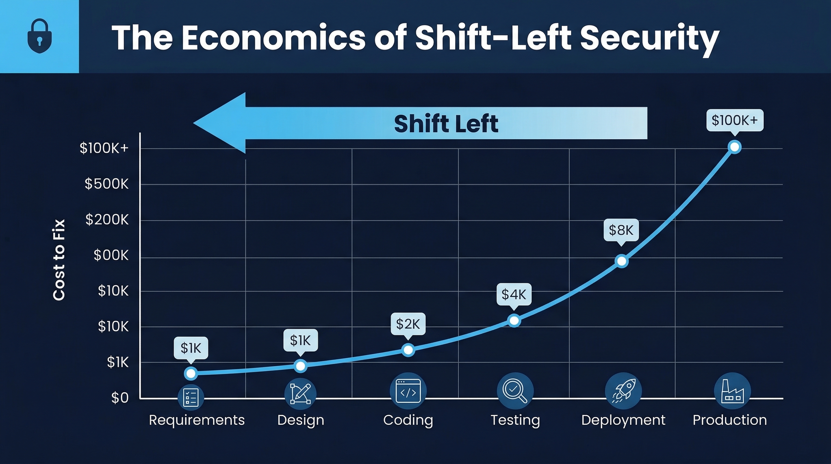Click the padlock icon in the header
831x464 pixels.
[39, 36]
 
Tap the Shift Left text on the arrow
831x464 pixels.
[446, 124]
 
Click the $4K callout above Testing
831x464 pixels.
[514, 294]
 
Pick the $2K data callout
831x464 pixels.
[408, 324]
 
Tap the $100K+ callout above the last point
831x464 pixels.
[735, 120]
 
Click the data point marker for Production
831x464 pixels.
[735, 147]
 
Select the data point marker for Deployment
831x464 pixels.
[622, 261]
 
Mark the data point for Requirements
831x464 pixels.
[191, 373]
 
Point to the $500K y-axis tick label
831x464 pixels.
[107, 184]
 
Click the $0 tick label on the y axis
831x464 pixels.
[120, 398]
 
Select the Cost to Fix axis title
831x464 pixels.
[59, 260]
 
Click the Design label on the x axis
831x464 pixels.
[301, 420]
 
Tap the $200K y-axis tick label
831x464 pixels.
[107, 220]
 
